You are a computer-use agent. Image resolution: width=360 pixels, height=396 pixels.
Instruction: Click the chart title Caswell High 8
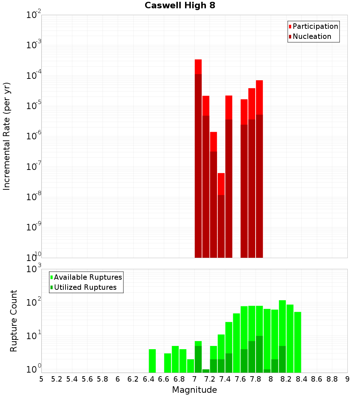click(180, 6)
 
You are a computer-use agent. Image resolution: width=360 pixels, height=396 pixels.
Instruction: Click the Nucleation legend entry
click(312, 36)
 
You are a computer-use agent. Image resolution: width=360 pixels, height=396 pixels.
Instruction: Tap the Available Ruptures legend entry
click(88, 277)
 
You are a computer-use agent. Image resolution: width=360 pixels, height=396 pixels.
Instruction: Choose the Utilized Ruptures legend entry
click(85, 287)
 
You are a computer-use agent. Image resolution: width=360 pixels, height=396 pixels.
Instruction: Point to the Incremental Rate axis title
click(7, 136)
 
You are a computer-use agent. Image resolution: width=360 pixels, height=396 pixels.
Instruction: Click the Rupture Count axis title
click(14, 321)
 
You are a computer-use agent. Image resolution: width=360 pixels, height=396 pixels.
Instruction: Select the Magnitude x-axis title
click(194, 390)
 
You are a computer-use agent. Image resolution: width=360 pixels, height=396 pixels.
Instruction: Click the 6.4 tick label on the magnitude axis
click(148, 379)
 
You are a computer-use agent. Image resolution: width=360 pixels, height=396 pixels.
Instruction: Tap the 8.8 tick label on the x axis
click(332, 379)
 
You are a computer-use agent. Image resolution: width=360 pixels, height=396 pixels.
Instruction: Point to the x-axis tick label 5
click(41, 379)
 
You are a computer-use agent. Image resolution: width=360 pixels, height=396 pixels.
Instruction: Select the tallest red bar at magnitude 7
click(198, 158)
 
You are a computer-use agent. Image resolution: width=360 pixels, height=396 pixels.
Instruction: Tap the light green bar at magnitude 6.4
click(152, 361)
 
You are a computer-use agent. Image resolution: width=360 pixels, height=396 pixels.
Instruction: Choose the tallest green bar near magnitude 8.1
click(282, 336)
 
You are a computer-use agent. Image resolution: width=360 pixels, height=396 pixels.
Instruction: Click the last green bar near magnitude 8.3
click(297, 342)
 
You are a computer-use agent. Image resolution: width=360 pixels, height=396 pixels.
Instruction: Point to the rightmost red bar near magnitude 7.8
click(259, 169)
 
